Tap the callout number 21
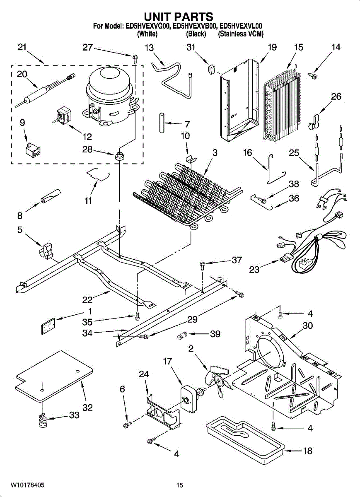point(22,47)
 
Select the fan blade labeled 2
point(217,380)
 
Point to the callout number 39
point(215,334)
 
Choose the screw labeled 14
point(312,76)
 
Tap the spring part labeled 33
point(43,420)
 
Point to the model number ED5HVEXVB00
point(194,26)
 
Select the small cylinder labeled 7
point(162,123)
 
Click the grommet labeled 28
point(119,154)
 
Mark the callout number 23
point(254,270)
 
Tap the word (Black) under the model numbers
point(196,34)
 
